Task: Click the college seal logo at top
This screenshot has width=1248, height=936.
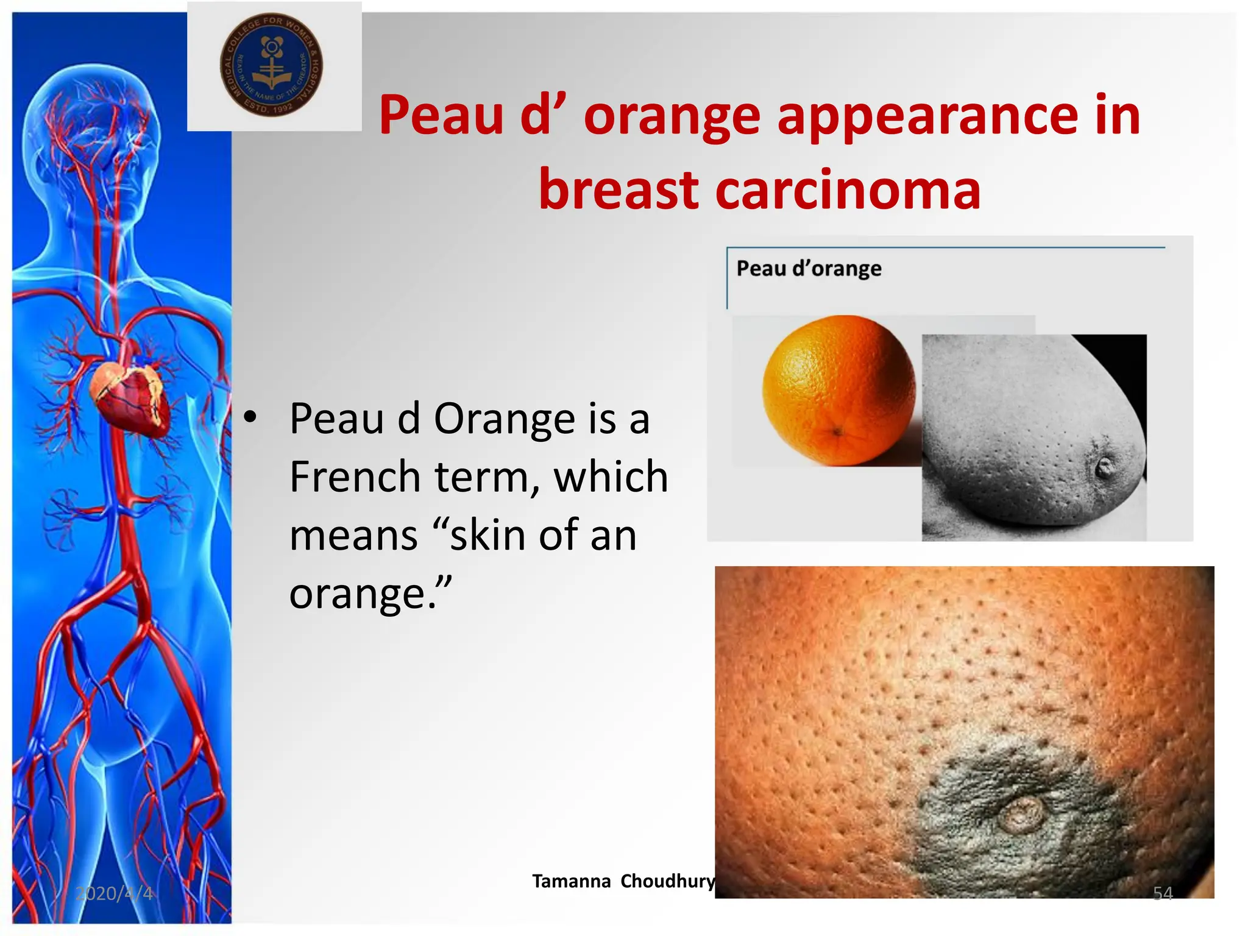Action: tap(271, 65)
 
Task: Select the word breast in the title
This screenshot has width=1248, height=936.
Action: tap(619, 190)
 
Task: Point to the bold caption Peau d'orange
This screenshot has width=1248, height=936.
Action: tap(809, 268)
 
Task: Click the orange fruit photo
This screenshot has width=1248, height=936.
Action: tap(839, 390)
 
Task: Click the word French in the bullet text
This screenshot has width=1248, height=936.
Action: tap(355, 477)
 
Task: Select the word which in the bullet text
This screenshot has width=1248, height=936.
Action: tap(611, 477)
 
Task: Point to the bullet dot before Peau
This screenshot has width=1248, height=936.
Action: tap(250, 418)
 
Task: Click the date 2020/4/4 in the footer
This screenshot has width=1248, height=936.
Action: tap(114, 893)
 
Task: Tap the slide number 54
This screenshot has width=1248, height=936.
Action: tap(1163, 893)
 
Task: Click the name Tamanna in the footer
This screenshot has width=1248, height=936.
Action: tap(571, 881)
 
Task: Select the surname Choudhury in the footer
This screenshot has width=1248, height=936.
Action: tap(668, 881)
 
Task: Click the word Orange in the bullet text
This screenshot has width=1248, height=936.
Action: tap(505, 419)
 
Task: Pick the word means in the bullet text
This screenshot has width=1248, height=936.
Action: tap(353, 535)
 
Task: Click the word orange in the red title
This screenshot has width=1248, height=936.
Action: tap(672, 116)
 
